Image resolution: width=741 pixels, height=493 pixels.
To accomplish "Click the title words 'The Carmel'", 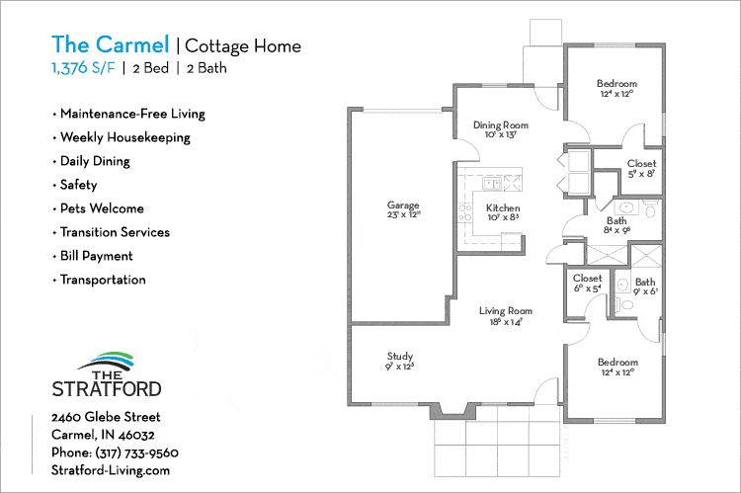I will (x=110, y=45).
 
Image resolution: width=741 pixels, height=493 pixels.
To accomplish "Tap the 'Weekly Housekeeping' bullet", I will (x=124, y=137).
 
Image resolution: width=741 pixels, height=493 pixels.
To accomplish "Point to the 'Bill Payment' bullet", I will (x=96, y=256).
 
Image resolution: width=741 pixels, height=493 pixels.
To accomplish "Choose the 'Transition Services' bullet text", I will (x=115, y=232).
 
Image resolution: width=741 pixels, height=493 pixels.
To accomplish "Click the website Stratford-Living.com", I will (x=111, y=470).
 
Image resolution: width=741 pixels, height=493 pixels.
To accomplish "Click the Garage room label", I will (x=403, y=205).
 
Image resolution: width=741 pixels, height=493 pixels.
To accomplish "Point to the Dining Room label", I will (x=500, y=125).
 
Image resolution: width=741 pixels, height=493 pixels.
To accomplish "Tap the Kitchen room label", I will (x=503, y=208).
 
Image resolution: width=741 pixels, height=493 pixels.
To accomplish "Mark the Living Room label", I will (x=507, y=311).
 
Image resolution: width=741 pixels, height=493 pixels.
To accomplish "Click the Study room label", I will (x=400, y=357).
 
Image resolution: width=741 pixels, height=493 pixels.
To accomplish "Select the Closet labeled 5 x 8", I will (x=641, y=164).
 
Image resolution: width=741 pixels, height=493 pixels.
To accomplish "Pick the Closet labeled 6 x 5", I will (x=587, y=279).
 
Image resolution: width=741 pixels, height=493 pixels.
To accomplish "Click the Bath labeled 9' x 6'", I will (x=644, y=283).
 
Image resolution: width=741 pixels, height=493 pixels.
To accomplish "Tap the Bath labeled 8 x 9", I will (x=617, y=221).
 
